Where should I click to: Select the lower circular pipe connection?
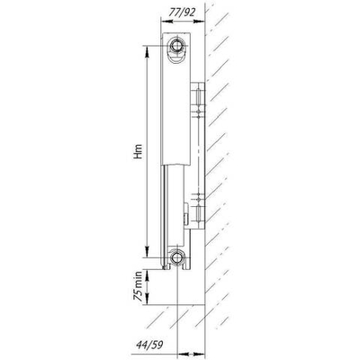tap(175, 262)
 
